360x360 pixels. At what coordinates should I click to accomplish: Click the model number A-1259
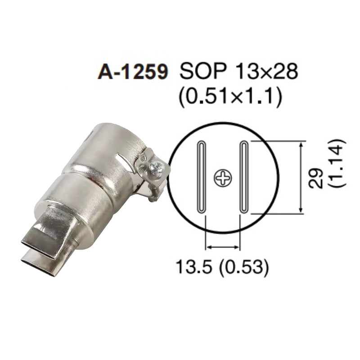click(132, 72)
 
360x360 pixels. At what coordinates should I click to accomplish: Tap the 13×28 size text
click(267, 71)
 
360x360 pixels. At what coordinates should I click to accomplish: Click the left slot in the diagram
click(201, 177)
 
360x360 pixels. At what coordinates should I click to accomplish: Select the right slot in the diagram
click(244, 177)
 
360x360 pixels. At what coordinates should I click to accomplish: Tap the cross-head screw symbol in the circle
click(223, 178)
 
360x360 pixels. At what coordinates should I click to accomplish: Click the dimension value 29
click(316, 178)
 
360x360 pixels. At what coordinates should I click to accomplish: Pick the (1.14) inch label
click(337, 162)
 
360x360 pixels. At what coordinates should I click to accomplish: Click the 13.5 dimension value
click(193, 266)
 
